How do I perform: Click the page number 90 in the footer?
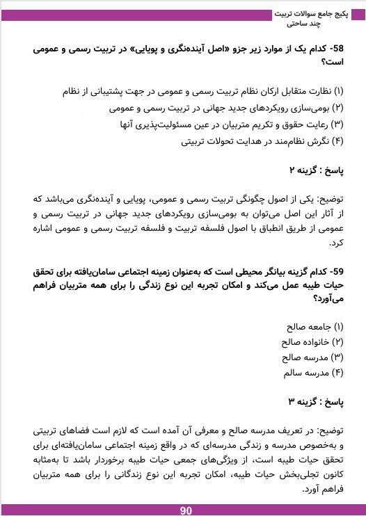point(186,510)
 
